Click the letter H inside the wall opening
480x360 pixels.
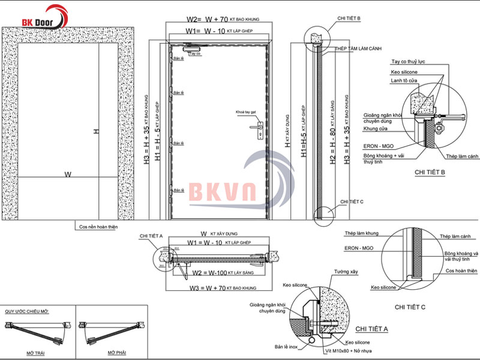[x=95, y=131]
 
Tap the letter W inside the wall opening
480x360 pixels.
[x=68, y=175]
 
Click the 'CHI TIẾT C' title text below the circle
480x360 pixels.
[x=410, y=307]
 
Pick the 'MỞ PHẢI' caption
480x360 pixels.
[x=112, y=352]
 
